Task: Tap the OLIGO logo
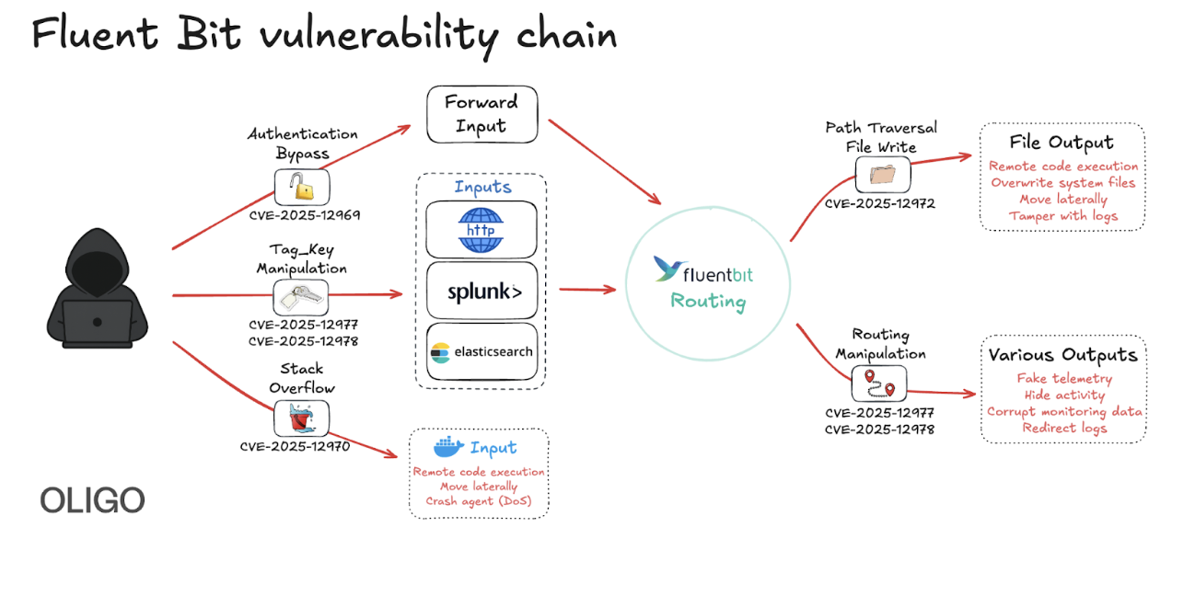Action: point(92,500)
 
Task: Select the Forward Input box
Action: point(481,114)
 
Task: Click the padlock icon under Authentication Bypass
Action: point(302,188)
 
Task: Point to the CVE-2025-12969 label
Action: point(304,215)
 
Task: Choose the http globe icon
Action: point(481,230)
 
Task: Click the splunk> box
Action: point(481,292)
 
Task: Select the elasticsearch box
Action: point(481,351)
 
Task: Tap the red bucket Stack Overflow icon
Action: point(301,418)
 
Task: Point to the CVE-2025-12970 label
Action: point(295,447)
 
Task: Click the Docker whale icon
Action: point(448,448)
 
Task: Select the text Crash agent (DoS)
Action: point(479,501)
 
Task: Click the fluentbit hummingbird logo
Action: point(668,269)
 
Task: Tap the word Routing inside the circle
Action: point(708,301)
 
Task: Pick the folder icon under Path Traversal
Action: point(882,174)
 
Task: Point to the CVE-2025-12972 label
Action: point(879,203)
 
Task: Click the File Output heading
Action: point(1062,143)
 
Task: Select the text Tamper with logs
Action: point(1062,216)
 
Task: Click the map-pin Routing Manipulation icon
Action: point(878,383)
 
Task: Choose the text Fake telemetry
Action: point(1064,378)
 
